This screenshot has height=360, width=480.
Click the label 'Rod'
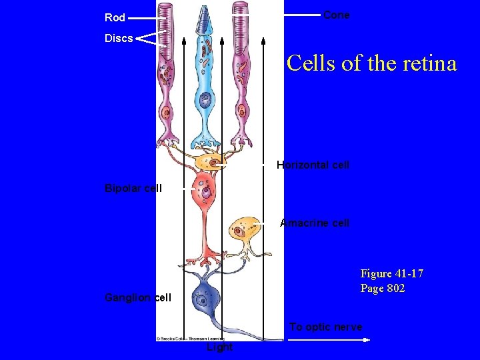(115, 17)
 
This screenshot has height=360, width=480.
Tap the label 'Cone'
(336, 15)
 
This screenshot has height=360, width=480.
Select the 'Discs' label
(119, 38)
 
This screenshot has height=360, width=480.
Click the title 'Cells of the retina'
(371, 63)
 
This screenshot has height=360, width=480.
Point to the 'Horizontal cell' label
(313, 165)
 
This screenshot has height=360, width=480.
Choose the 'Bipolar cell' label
(133, 188)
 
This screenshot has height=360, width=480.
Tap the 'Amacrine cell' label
(315, 223)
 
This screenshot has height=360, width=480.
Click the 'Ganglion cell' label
(138, 297)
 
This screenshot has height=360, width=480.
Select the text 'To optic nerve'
(326, 327)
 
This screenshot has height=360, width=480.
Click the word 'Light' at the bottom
(219, 347)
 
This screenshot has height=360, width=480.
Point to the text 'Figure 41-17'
(392, 273)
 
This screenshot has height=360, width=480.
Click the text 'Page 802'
(383, 288)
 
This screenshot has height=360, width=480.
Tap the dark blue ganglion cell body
(203, 297)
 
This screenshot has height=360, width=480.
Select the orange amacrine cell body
(241, 230)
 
